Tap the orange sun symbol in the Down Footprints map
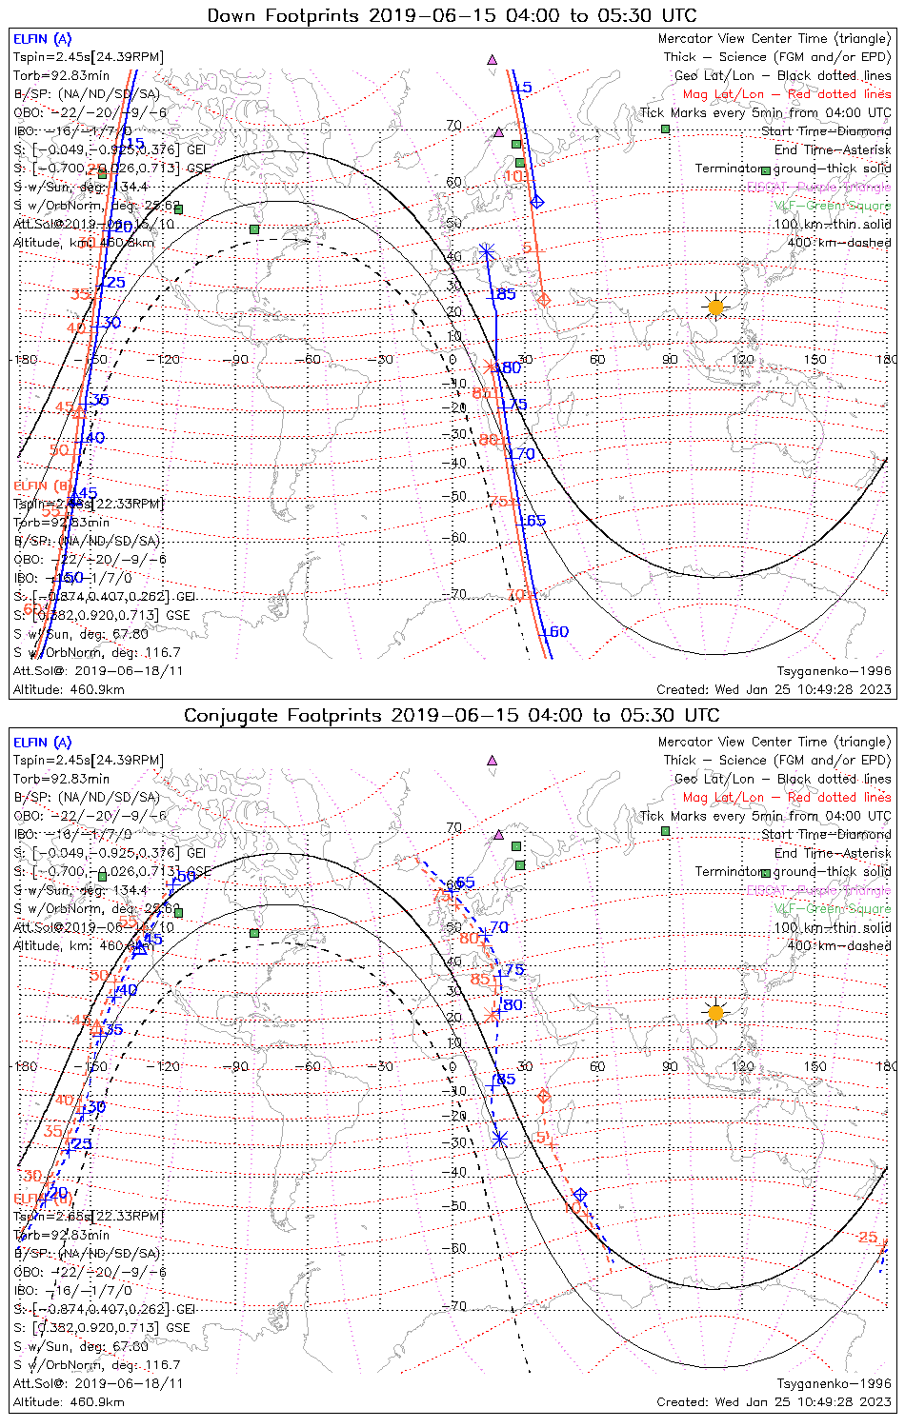click(x=715, y=307)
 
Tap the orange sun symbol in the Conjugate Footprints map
click(x=715, y=1012)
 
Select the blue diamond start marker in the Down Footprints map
click(x=536, y=202)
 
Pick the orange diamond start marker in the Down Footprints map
click(x=543, y=300)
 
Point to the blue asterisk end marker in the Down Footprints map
click(x=487, y=251)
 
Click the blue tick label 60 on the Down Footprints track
click(x=555, y=631)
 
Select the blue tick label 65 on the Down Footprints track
click(x=533, y=521)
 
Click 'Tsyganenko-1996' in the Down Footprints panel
click(x=834, y=670)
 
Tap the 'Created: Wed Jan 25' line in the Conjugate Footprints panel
click(x=774, y=1401)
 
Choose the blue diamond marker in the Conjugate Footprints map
click(x=579, y=1194)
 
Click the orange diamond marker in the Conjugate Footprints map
click(x=543, y=1096)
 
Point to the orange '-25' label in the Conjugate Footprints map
click(x=866, y=1237)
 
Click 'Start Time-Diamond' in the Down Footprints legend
click(x=826, y=131)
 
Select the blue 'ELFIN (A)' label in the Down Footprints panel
click(x=42, y=39)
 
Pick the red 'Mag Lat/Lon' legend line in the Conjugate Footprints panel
click(x=786, y=797)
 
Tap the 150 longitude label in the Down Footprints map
click(x=814, y=360)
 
